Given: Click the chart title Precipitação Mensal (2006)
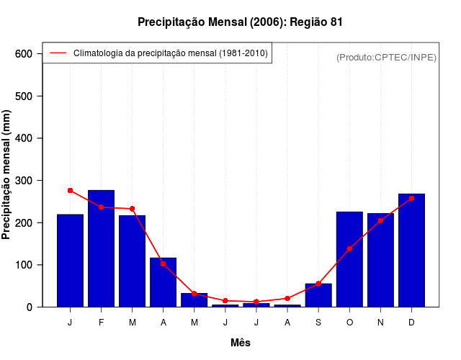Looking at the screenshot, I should point(240,22).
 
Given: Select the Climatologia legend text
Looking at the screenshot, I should point(170,53).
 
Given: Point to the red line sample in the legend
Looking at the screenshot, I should point(58,53).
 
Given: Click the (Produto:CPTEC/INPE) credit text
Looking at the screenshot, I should point(386,57).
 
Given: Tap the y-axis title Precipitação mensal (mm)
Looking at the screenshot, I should point(7,174).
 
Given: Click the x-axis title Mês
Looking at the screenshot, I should point(241,343).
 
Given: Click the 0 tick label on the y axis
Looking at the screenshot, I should point(30,307).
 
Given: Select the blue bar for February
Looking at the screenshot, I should point(101,248).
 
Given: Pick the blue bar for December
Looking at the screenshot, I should point(411,250).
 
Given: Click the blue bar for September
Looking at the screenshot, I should point(318,295).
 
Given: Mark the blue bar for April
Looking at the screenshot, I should point(163,282).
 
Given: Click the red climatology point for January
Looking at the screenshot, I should point(70,190).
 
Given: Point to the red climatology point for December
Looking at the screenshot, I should point(411,198).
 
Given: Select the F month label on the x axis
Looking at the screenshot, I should point(101,323).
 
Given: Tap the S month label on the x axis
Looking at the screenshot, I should point(318,323).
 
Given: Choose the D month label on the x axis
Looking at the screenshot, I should point(411,323).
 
